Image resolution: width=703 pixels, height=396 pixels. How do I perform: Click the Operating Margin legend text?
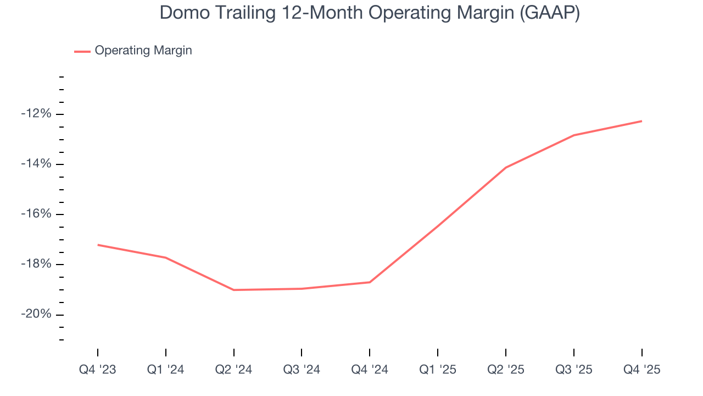[143, 51]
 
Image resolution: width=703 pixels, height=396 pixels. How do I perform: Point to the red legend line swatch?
[82, 51]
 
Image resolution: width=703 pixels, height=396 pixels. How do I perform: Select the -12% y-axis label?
[36, 114]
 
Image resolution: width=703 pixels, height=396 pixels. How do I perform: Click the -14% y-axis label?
[36, 164]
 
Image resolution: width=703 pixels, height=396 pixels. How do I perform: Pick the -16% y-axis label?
[36, 214]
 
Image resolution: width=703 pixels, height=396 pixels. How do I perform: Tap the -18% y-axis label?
[36, 264]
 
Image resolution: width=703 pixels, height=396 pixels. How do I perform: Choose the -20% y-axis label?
[36, 314]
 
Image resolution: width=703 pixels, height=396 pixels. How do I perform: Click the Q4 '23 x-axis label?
[98, 370]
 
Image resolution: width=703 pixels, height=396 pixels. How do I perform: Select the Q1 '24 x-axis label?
[165, 370]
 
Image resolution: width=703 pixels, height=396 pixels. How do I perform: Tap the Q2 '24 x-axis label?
[233, 370]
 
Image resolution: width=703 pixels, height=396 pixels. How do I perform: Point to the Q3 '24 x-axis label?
[302, 370]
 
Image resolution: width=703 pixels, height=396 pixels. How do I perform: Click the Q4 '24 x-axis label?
[370, 370]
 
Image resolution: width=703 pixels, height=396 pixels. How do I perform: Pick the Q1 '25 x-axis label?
[438, 370]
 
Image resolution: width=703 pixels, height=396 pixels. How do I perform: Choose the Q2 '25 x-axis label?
[505, 370]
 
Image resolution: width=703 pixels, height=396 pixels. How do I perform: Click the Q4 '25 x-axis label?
[641, 370]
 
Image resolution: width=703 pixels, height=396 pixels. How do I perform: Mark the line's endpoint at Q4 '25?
[641, 121]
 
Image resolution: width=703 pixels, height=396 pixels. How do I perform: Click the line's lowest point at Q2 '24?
[234, 290]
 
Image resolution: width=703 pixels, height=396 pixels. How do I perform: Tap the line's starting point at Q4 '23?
[98, 245]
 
